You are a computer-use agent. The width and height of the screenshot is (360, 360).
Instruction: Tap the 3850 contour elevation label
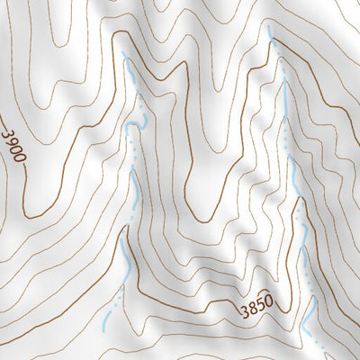point(256,310)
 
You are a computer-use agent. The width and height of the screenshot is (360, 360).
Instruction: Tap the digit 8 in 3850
point(252,311)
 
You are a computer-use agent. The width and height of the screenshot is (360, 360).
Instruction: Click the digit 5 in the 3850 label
point(261,308)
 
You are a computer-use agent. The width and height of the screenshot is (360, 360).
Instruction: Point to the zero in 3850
point(269,305)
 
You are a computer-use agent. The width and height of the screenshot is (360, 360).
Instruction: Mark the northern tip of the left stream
point(124,61)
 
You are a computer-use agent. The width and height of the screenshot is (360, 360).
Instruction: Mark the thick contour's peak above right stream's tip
point(270,11)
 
